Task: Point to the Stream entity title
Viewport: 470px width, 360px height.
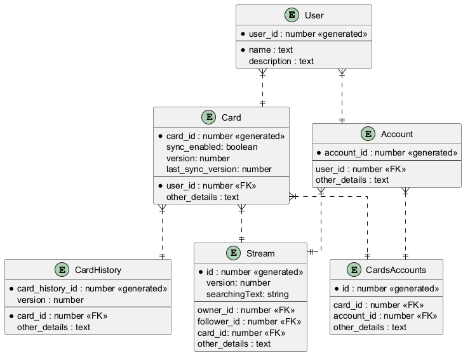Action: (x=260, y=253)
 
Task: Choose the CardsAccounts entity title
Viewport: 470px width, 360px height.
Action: (x=396, y=270)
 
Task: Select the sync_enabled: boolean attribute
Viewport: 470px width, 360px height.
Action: (x=211, y=147)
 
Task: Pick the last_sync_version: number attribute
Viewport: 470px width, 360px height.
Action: (x=218, y=169)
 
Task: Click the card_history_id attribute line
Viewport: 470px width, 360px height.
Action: (x=91, y=288)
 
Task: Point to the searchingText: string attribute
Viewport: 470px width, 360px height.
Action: (x=247, y=294)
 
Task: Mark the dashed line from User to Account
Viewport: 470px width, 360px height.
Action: (x=342, y=95)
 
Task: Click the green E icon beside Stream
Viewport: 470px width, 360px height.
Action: (x=234, y=253)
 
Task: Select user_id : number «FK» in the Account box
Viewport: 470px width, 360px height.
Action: (x=360, y=169)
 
